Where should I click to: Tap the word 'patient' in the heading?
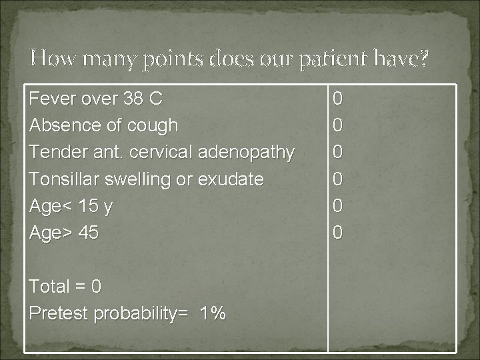tap(333, 59)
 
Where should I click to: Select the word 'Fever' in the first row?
tap(51, 99)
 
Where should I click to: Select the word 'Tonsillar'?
tap(63, 179)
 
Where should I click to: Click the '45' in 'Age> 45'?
tap(88, 233)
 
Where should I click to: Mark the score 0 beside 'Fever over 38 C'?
tap(338, 99)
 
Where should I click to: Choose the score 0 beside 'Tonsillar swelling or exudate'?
tap(338, 179)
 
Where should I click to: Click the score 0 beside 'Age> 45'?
tap(338, 233)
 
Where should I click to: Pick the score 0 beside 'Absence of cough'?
tap(338, 126)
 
